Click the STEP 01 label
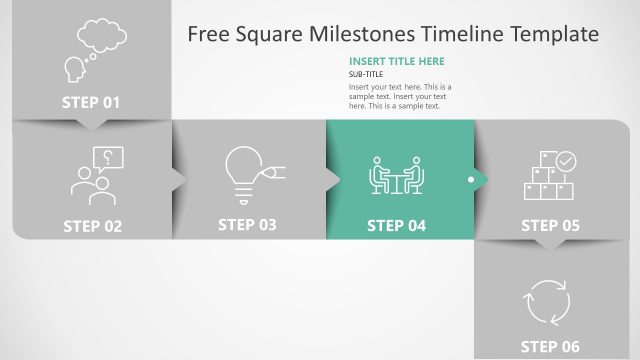(x=91, y=102)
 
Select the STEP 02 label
(x=92, y=226)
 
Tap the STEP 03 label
(x=247, y=225)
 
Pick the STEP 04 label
(x=397, y=226)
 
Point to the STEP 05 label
(x=550, y=226)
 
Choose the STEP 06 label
(x=550, y=347)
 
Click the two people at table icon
(x=397, y=176)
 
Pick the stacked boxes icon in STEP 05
(x=549, y=178)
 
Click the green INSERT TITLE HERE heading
(x=396, y=62)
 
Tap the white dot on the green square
(x=471, y=180)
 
